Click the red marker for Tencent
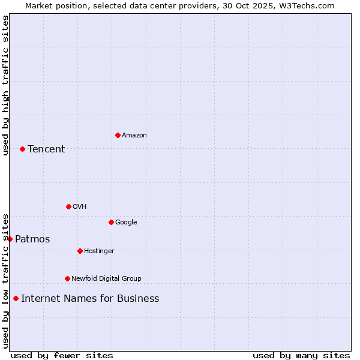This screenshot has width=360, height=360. coord(22,149)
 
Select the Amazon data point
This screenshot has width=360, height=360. coord(118,135)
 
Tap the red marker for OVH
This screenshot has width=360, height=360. coord(68,206)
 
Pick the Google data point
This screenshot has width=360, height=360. coord(111,222)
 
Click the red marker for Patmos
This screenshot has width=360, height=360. coord(10,239)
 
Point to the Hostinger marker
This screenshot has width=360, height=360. coord(80,251)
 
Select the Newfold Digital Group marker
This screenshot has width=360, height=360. coord(67,278)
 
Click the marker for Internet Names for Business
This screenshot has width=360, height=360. coord(16,298)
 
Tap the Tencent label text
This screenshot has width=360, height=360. coord(46,149)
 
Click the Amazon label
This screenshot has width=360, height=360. coord(134,136)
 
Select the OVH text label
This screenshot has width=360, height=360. coord(79,207)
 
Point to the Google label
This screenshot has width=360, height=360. coord(126,223)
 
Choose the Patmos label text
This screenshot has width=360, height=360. coord(32,239)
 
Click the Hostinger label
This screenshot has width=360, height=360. coord(99,251)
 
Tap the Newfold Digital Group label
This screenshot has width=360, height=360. coord(106,279)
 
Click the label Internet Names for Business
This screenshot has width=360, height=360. coord(90,299)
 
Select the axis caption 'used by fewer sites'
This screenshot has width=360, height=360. coord(62,355)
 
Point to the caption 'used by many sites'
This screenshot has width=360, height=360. coord(301,355)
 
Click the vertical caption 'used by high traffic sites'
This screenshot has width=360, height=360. coord(5,85)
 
